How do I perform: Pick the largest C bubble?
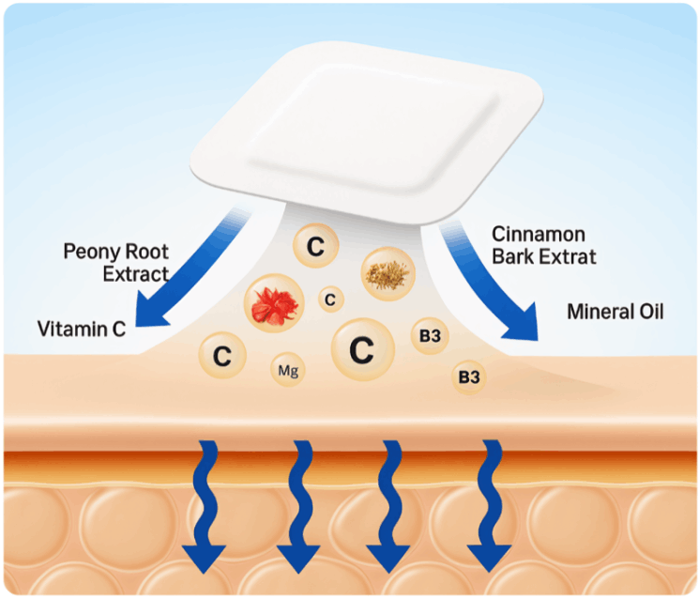(360, 350)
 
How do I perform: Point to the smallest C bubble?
(329, 299)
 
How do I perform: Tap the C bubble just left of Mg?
(221, 357)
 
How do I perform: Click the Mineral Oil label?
(615, 311)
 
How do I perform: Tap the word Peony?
(91, 252)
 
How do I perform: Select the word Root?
(147, 252)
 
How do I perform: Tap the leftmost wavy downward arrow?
(203, 507)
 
